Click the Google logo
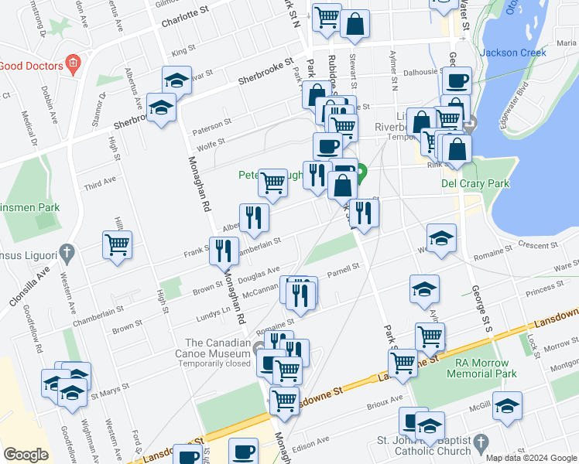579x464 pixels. (x=26, y=455)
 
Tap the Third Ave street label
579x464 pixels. (x=99, y=183)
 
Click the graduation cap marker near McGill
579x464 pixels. (x=507, y=406)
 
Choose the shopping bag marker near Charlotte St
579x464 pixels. (x=355, y=23)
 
